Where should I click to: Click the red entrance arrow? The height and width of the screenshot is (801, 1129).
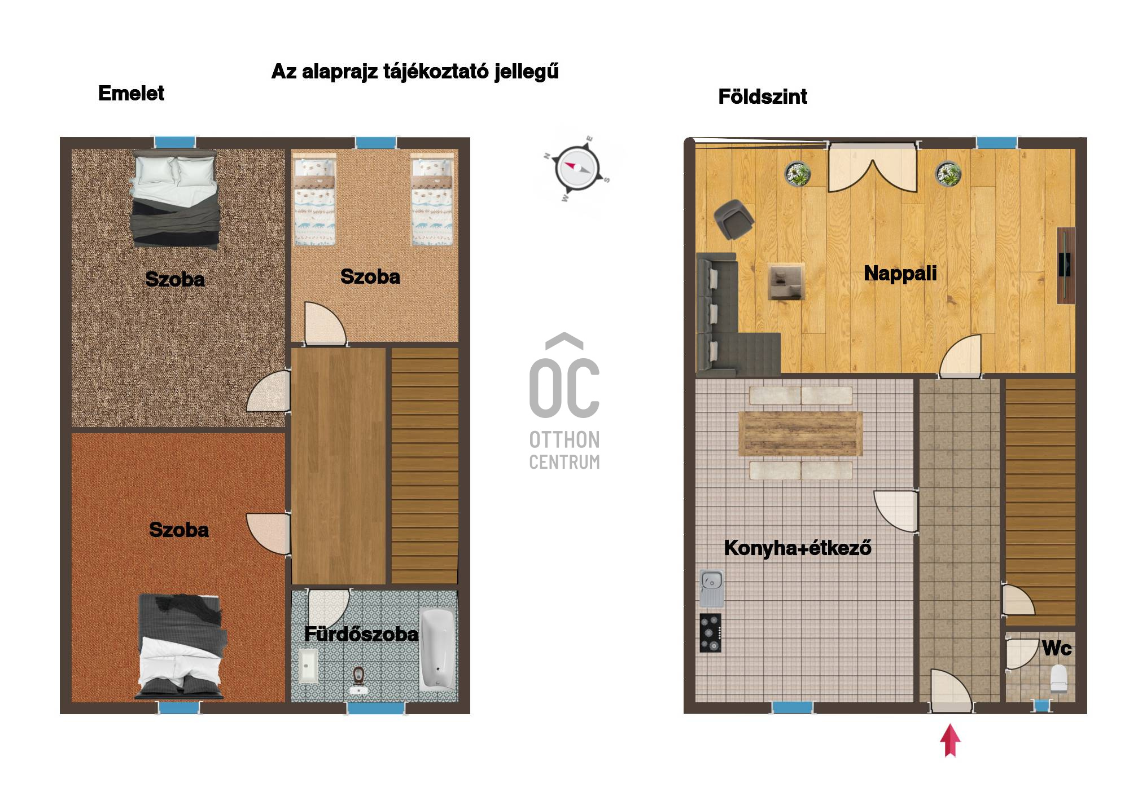tap(950, 740)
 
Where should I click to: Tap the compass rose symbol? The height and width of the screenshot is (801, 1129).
tap(576, 168)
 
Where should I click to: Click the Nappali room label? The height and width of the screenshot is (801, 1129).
tap(900, 274)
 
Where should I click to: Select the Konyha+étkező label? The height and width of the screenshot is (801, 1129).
tap(798, 548)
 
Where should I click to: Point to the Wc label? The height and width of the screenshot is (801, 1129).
tap(1057, 648)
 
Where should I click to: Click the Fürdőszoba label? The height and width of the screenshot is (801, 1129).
tap(361, 634)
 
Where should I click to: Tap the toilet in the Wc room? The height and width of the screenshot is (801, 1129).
tap(1059, 679)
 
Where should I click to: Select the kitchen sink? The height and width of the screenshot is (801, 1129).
tap(711, 588)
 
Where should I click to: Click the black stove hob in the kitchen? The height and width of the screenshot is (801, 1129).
tap(711, 633)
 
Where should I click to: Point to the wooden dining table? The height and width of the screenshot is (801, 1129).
tap(800, 433)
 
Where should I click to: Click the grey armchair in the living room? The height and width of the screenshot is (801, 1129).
tap(733, 219)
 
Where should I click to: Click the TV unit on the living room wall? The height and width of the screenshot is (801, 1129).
tap(1066, 265)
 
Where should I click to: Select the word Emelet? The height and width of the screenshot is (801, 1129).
tap(131, 93)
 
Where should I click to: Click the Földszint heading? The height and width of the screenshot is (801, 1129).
tap(763, 96)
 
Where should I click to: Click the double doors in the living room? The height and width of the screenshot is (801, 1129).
tap(873, 169)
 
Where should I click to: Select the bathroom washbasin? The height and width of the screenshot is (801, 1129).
tap(307, 666)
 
